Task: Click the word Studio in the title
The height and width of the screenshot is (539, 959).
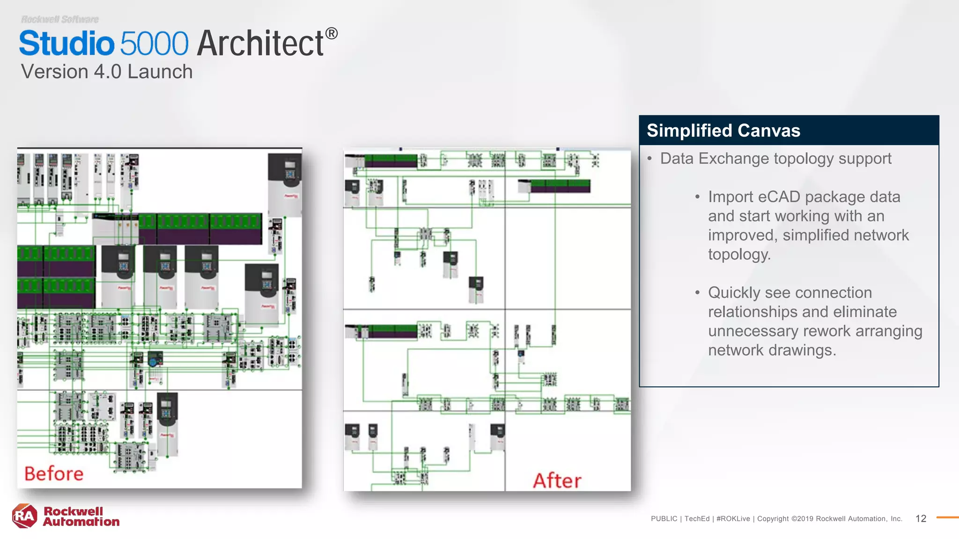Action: click(x=66, y=44)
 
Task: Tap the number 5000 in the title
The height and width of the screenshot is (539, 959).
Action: click(x=154, y=44)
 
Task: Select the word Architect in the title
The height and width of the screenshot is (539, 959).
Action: click(x=260, y=44)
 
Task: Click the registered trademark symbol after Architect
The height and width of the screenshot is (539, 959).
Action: click(x=332, y=34)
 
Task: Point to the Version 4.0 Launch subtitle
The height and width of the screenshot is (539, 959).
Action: click(x=107, y=72)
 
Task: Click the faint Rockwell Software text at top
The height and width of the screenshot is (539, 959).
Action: click(x=59, y=19)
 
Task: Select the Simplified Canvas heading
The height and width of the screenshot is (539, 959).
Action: click(x=723, y=131)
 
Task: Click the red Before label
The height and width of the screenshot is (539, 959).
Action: click(x=54, y=473)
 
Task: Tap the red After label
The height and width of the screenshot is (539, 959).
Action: click(x=557, y=481)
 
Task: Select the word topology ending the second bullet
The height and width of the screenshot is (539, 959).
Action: click(x=739, y=255)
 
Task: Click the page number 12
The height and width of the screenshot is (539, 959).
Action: click(x=921, y=518)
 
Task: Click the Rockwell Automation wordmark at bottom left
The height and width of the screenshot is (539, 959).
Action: click(x=81, y=517)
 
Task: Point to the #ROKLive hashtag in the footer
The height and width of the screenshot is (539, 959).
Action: click(x=733, y=518)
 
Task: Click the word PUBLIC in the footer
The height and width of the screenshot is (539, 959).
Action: click(x=664, y=518)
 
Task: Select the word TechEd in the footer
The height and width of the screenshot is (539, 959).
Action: click(x=697, y=518)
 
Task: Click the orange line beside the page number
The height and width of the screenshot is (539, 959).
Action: click(x=947, y=517)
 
